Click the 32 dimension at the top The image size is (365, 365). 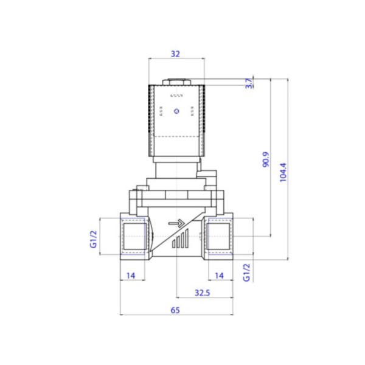click(x=176, y=54)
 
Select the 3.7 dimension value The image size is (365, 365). click(x=249, y=83)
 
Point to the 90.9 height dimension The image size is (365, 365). click(x=266, y=159)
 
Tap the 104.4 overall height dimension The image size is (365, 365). click(x=283, y=172)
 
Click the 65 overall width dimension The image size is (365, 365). click(x=175, y=310)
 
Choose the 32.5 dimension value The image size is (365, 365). click(x=203, y=293)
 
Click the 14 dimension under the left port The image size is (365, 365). click(x=131, y=276)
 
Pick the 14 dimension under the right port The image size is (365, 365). click(x=219, y=276)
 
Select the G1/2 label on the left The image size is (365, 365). click(x=93, y=239)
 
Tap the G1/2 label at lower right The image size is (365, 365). click(x=246, y=273)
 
